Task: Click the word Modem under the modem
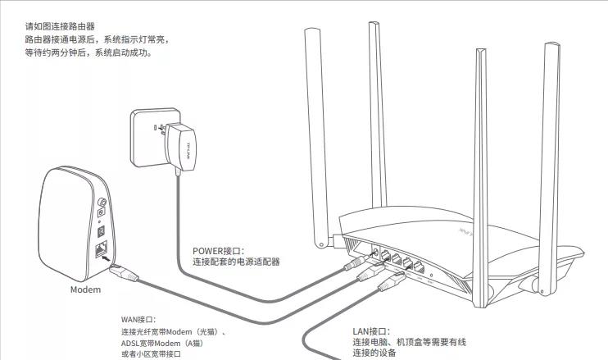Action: (x=85, y=289)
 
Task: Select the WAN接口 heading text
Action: (x=138, y=319)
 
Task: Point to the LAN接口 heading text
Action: (x=371, y=330)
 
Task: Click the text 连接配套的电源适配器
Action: (x=237, y=262)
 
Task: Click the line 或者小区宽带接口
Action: (x=151, y=353)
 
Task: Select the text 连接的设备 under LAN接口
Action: (x=374, y=353)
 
